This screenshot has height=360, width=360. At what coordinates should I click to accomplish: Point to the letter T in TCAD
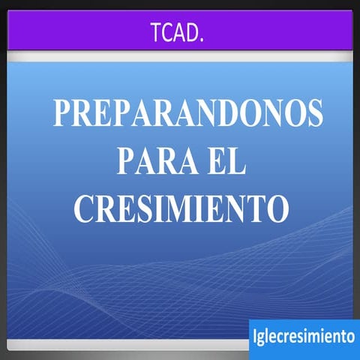point(156,34)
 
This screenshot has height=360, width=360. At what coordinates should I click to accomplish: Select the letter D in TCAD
point(192,34)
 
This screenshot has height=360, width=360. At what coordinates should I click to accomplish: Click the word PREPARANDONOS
point(187,113)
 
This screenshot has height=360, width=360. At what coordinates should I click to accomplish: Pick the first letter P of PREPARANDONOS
point(61,113)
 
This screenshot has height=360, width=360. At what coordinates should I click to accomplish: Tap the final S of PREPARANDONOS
point(315,113)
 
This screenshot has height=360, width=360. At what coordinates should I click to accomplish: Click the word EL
point(226,160)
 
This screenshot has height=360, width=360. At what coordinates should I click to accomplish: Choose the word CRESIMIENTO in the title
point(181,208)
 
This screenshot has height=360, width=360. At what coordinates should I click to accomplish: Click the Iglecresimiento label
point(304,337)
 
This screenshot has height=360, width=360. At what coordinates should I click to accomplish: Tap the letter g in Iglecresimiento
point(263,339)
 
